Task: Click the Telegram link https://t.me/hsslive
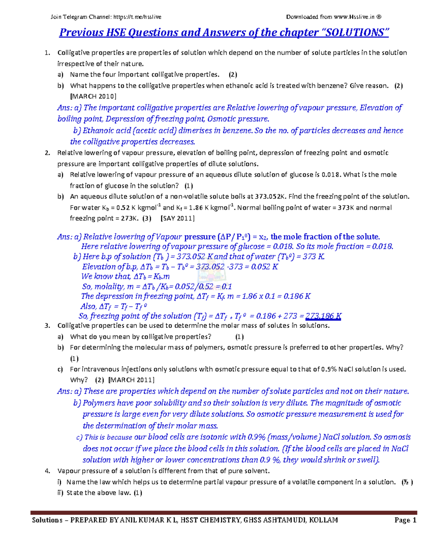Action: tap(137, 17)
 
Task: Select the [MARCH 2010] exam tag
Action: tap(93, 96)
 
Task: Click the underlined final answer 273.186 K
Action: tap(323, 316)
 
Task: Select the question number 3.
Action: tap(47, 326)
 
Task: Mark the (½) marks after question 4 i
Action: tap(408, 482)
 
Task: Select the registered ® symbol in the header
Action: tap(378, 17)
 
